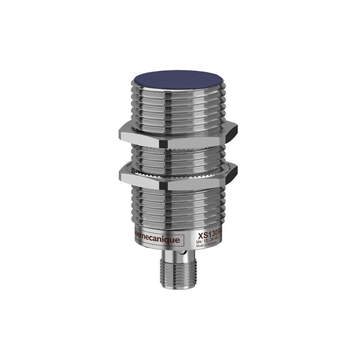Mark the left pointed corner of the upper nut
(x=120, y=133)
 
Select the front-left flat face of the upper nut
(x=142, y=133)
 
